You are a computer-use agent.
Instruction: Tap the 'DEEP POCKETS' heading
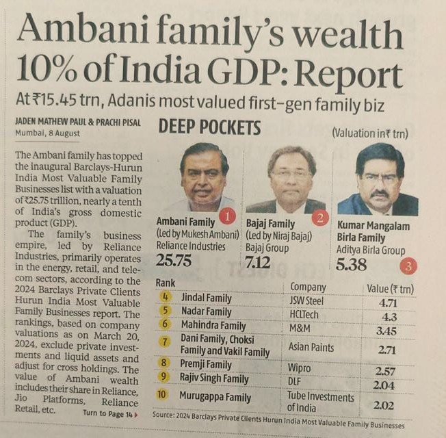(x=210, y=127)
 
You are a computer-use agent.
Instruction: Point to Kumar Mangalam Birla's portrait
(x=378, y=179)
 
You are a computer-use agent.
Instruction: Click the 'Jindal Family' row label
(x=207, y=298)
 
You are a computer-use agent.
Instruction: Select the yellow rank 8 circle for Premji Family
(x=166, y=364)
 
